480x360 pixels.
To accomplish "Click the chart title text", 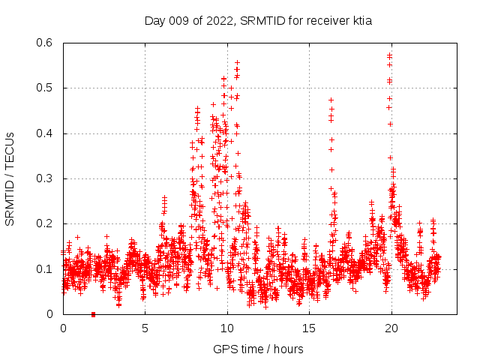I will pyautogui.click(x=258, y=21).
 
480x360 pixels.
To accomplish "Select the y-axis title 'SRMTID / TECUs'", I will pyautogui.click(x=10, y=178).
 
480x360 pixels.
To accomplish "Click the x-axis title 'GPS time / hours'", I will pyautogui.click(x=258, y=349).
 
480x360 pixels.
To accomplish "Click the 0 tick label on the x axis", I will pyautogui.click(x=63, y=328).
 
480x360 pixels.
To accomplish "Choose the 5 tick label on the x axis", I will pyautogui.click(x=145, y=328).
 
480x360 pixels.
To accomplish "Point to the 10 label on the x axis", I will pyautogui.click(x=227, y=328).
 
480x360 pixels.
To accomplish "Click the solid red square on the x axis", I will pyautogui.click(x=93, y=314).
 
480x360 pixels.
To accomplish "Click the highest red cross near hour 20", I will pyautogui.click(x=389, y=55).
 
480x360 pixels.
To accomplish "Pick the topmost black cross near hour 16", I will pyautogui.click(x=331, y=100).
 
